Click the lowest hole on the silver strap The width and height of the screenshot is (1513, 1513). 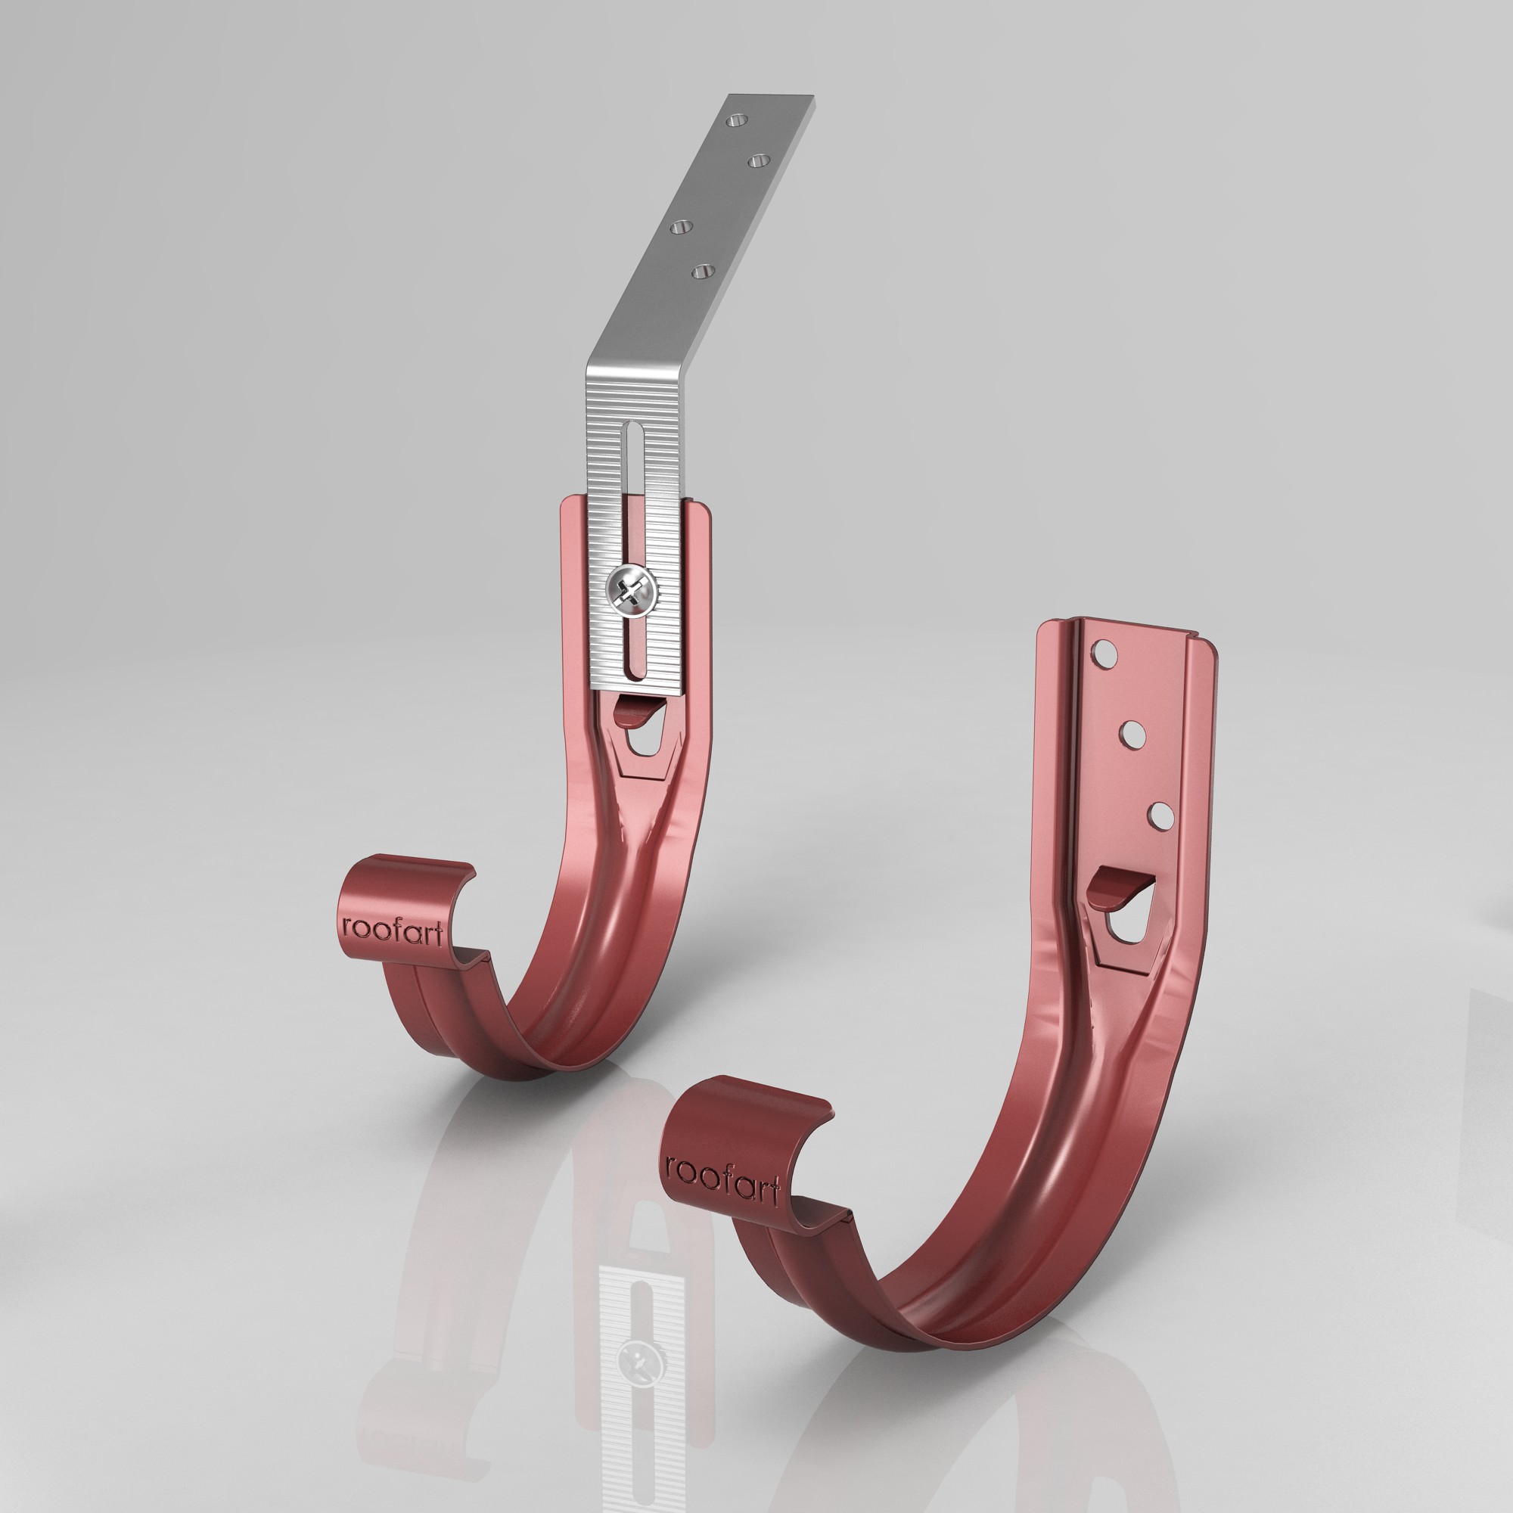702,271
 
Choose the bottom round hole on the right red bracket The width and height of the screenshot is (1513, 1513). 1160,816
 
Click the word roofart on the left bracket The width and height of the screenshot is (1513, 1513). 393,930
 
